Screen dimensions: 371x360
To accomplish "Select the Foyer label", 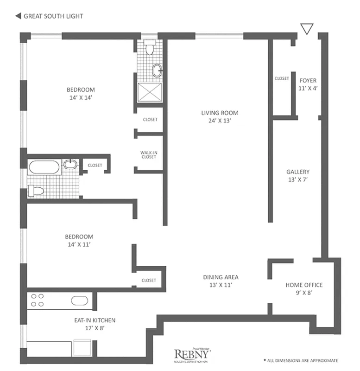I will (308, 83).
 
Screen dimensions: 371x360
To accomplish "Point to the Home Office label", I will (304, 288).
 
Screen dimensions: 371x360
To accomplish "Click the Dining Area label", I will (221, 281).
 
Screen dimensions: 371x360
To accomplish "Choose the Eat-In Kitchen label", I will (95, 324).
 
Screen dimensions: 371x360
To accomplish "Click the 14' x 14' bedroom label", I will (81, 93).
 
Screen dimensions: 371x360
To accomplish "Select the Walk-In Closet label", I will (149, 155).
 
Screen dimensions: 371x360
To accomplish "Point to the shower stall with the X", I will (149, 91).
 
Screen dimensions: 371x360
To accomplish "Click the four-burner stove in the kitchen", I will (36, 300).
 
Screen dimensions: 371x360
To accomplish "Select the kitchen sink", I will (80, 300).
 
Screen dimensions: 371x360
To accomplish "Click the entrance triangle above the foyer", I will (306, 29).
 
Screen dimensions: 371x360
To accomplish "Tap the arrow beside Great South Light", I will (18, 16).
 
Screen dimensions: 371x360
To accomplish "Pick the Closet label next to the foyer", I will (282, 79).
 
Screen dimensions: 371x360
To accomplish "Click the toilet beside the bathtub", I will (36, 191).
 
